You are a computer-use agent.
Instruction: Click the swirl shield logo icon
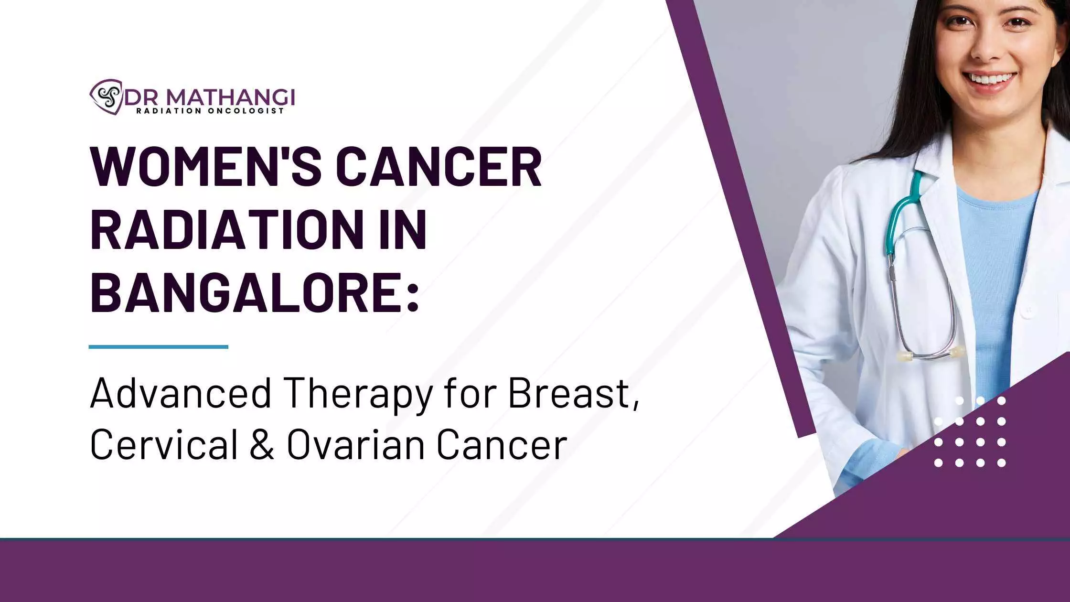(106, 97)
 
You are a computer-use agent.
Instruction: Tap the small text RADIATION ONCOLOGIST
(210, 111)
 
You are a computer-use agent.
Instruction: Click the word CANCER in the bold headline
(439, 167)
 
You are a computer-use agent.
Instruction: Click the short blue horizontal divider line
(159, 347)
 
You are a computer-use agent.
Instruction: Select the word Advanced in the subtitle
(181, 394)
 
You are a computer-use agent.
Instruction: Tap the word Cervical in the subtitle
(164, 444)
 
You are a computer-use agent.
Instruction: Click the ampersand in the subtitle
(262, 445)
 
